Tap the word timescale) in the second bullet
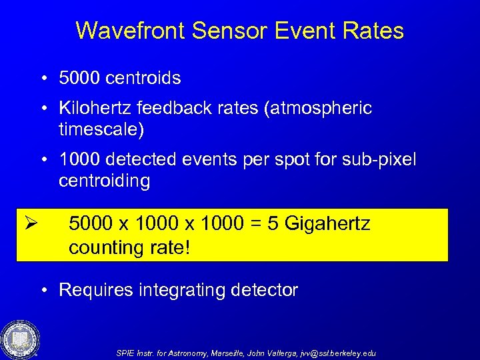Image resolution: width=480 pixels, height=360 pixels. [101, 128]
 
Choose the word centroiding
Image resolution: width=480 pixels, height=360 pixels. [104, 181]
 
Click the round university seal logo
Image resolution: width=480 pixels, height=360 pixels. [20, 339]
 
